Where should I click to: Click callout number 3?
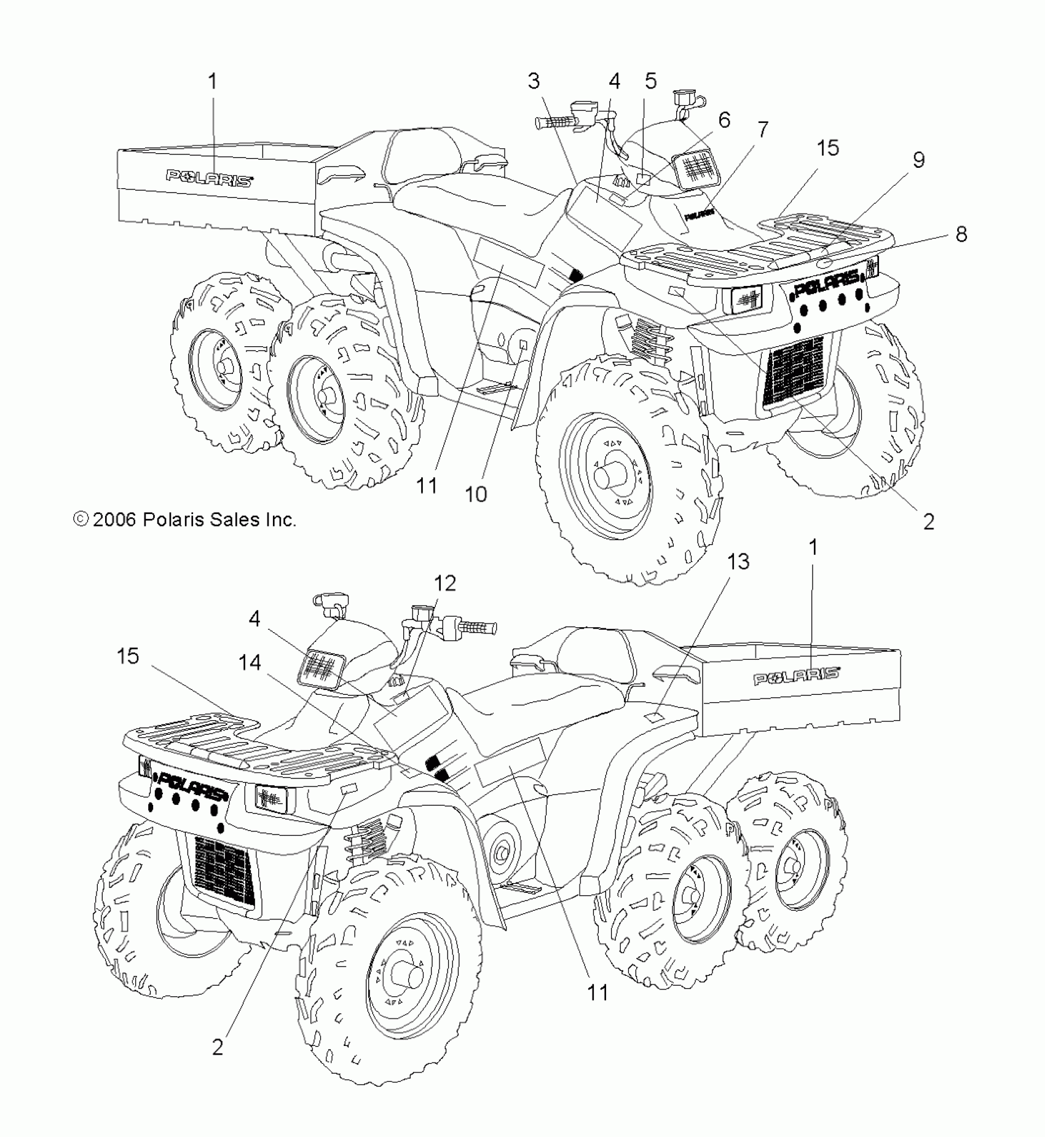pos(533,81)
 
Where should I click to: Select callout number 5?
pos(650,81)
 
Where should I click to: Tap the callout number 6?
pos(724,120)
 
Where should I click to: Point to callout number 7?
pos(762,130)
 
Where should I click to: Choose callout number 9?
pos(918,160)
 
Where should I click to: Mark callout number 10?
pos(476,493)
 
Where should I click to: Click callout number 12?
pos(445,582)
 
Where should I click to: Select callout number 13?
pos(738,561)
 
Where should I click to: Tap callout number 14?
pos(250,662)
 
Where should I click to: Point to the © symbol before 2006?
pos(81,520)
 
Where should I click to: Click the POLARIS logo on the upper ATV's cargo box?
pos(210,178)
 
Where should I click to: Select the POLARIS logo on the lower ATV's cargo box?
pos(797,676)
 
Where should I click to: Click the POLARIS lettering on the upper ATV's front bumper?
pos(827,283)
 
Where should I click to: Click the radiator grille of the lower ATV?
pos(224,870)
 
